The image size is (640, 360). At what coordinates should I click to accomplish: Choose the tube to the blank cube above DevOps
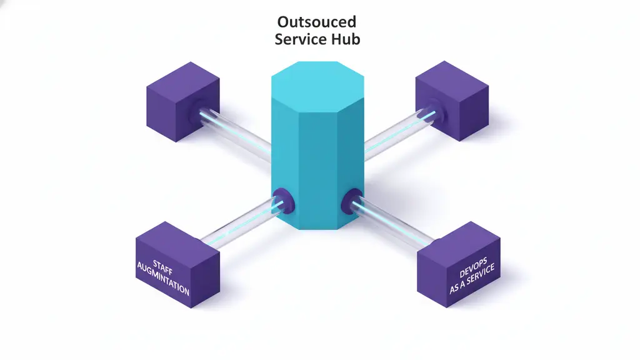coord(394,134)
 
